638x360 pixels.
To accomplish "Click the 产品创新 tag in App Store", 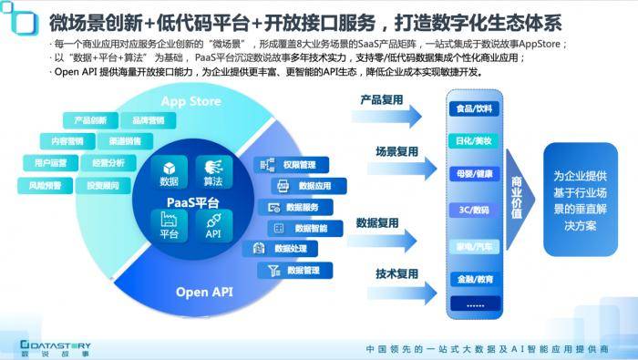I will pyautogui.click(x=89, y=120).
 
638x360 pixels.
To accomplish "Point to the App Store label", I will pyautogui.click(x=190, y=99).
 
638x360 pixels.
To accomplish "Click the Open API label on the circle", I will pyautogui.click(x=204, y=292).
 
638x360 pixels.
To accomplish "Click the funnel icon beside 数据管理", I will pyautogui.click(x=273, y=270).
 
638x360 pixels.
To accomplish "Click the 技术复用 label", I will pyautogui.click(x=396, y=273).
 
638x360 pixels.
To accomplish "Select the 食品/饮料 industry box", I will pyautogui.click(x=473, y=108).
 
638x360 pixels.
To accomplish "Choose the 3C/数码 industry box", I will pyautogui.click(x=473, y=209).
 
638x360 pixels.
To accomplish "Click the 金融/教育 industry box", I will pyautogui.click(x=473, y=278).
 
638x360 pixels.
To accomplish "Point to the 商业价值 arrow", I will pyautogui.click(x=517, y=195).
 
